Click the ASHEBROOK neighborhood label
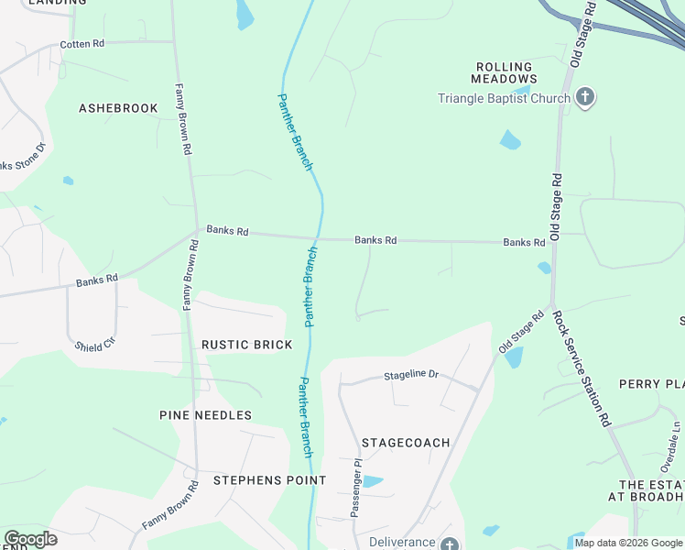118,108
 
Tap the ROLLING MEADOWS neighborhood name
505,73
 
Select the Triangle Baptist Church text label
504,98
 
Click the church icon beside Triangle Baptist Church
585,98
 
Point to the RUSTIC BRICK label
246,345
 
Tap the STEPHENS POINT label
269,480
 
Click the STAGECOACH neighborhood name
406,443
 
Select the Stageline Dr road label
411,375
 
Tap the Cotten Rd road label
83,44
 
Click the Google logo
29,539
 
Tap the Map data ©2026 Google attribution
628,543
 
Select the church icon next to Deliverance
449,544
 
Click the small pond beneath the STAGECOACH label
372,481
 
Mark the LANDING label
57,3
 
